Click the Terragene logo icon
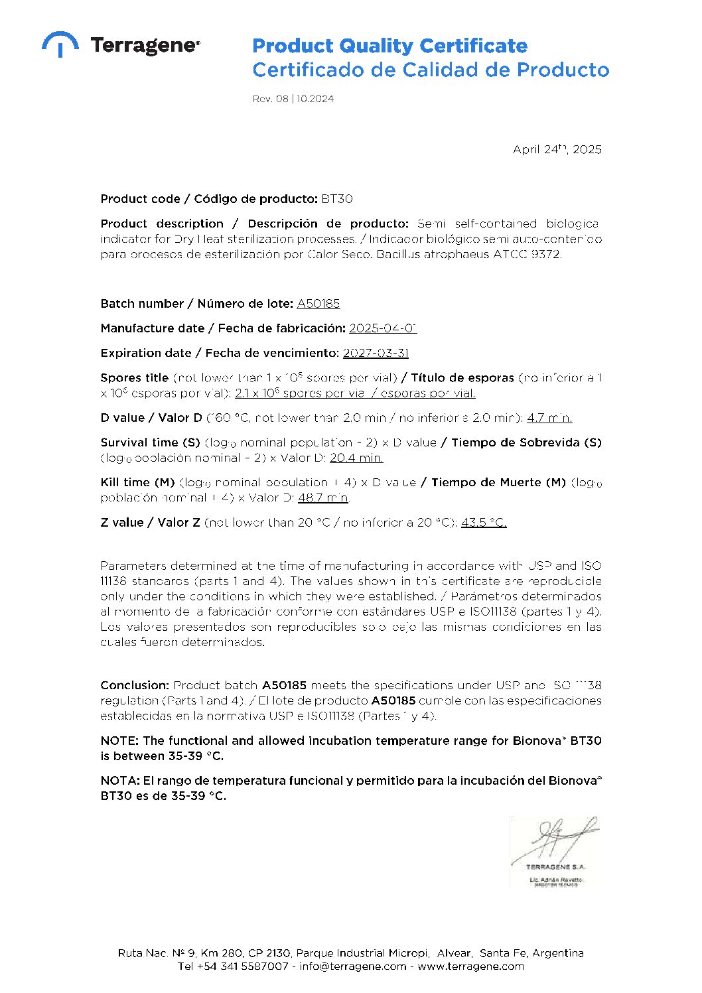(x=60, y=44)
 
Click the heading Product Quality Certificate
(x=389, y=46)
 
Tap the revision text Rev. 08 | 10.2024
(x=293, y=99)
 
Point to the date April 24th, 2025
(x=557, y=149)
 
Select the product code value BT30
(x=337, y=198)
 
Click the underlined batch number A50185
(x=318, y=303)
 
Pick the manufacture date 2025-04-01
(x=383, y=328)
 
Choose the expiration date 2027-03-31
(x=376, y=353)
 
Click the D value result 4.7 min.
(x=549, y=418)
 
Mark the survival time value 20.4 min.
(x=356, y=458)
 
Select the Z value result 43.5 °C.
(x=484, y=523)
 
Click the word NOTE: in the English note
(x=119, y=740)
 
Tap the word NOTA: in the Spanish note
(x=119, y=781)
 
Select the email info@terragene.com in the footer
(x=352, y=966)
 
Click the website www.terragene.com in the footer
(x=470, y=966)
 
